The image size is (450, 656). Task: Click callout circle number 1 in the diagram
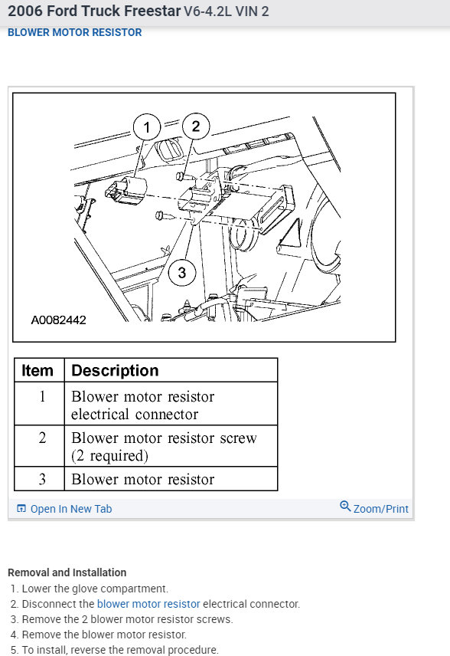[147, 126]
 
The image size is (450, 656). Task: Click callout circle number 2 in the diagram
[195, 126]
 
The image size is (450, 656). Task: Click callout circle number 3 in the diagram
[181, 271]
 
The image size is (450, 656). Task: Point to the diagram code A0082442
[58, 320]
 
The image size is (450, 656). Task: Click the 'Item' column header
[37, 370]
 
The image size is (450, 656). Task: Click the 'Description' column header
[115, 370]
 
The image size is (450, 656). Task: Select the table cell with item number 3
[42, 479]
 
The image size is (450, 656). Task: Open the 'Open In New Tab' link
[70, 509]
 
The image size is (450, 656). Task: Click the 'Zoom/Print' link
[380, 509]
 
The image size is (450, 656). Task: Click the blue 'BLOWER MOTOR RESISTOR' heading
[74, 33]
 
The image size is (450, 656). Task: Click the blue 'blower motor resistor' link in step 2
[148, 604]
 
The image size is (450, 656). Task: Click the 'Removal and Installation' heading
[67, 572]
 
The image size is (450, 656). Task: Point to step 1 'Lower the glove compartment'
[94, 589]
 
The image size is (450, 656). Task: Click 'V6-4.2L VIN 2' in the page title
[227, 11]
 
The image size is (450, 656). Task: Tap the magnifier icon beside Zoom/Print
[345, 507]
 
